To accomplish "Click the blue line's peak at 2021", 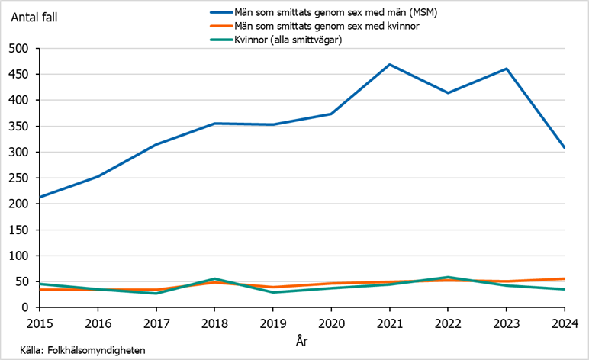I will click(389, 65).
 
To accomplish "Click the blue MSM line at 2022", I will click(448, 93).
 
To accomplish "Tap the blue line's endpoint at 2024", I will click(564, 147).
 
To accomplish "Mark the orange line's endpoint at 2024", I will click(564, 279).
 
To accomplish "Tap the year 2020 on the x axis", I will click(330, 323).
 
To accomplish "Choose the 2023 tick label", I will click(506, 323).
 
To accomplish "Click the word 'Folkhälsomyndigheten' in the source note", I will click(96, 349).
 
